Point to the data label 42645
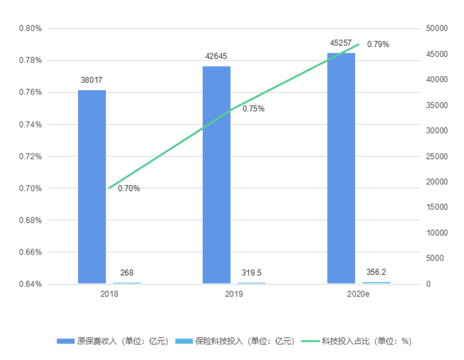[x=217, y=56]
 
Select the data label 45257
[x=341, y=43]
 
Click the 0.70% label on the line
[x=129, y=188]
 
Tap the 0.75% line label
[x=253, y=109]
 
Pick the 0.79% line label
[x=378, y=44]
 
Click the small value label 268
[x=127, y=272]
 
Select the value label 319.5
[x=251, y=272]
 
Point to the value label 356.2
[x=376, y=272]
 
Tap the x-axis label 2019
[x=234, y=295]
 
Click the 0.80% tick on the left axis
[x=30, y=28]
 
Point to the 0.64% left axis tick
[x=30, y=284]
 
